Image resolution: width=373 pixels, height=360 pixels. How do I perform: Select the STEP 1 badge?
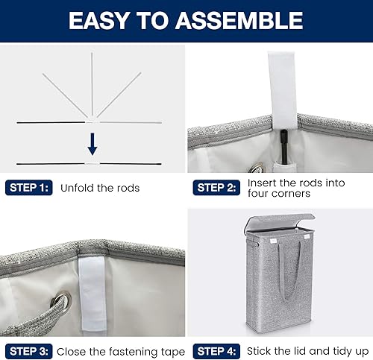click(x=28, y=188)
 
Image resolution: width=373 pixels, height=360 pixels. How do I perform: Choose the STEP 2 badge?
click(x=216, y=188)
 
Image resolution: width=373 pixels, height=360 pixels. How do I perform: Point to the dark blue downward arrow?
click(x=92, y=142)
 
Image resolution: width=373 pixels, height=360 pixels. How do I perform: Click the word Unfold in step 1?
click(x=77, y=188)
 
